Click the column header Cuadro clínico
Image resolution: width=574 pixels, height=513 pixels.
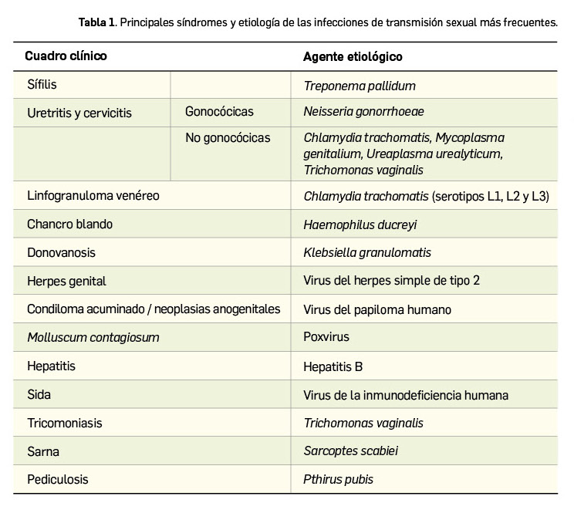click(x=66, y=56)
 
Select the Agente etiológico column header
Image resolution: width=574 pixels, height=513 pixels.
click(x=353, y=56)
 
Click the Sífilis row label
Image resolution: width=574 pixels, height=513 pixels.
click(x=42, y=84)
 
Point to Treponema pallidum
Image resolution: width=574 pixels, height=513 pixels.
click(x=360, y=86)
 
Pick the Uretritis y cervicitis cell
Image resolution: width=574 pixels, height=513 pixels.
click(x=79, y=113)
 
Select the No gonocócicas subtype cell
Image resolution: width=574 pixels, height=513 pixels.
click(x=228, y=138)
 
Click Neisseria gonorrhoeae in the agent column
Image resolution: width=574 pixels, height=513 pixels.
click(x=363, y=112)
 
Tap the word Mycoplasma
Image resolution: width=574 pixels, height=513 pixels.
click(x=469, y=138)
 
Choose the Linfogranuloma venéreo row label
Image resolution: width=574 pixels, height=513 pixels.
click(x=93, y=195)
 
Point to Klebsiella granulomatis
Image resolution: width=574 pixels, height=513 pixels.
click(x=367, y=252)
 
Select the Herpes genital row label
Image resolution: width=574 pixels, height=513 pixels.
click(x=66, y=281)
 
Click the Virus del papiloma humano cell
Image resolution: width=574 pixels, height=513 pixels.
click(x=377, y=309)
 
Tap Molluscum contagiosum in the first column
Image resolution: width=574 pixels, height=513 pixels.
click(x=93, y=338)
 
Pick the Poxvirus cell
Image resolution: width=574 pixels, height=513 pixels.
click(x=326, y=337)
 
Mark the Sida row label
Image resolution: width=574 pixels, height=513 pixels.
click(x=39, y=394)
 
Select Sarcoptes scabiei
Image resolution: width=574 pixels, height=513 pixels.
click(x=351, y=451)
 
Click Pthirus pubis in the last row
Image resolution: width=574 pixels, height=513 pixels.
click(x=338, y=479)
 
